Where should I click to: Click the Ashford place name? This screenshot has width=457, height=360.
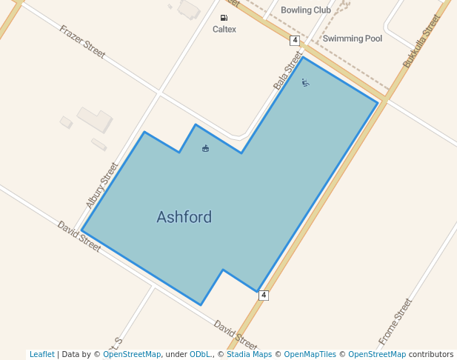point(184,217)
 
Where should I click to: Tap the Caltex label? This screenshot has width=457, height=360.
point(224,30)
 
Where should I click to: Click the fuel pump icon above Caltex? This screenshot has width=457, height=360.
point(224,18)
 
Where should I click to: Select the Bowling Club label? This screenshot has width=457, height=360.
point(306,10)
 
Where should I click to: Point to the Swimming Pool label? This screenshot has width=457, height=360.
point(353,38)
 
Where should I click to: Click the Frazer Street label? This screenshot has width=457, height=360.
point(82,42)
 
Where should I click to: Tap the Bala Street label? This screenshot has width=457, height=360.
point(288,70)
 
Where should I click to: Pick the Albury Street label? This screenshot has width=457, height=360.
point(102,185)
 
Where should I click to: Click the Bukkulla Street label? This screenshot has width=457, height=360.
point(421,41)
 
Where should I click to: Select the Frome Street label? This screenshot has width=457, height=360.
point(395,321)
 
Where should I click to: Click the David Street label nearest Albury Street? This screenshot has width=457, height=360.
point(79,236)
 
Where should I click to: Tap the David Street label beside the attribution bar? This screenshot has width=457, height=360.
point(236,336)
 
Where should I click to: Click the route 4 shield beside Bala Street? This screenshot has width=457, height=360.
point(295,40)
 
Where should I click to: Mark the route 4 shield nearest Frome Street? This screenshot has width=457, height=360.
point(264,295)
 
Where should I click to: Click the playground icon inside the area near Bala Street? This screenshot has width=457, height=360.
point(305,82)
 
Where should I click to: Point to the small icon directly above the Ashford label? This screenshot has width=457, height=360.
point(205,149)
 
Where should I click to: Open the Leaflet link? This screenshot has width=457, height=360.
point(41,354)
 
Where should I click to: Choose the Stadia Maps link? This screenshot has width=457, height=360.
point(247,354)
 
